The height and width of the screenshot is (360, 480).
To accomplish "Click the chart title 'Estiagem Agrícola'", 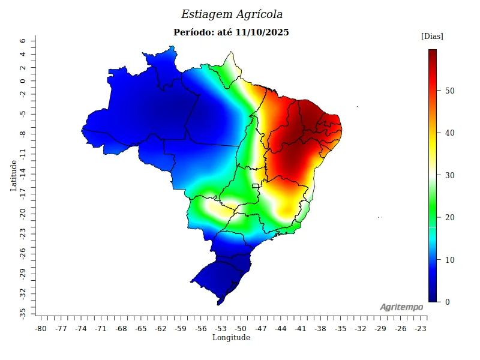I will click(232, 14).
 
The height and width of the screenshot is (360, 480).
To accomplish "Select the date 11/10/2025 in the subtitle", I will click(262, 32).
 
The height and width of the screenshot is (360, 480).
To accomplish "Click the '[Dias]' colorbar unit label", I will click(432, 37).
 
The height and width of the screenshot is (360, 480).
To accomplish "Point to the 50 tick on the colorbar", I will click(449, 91).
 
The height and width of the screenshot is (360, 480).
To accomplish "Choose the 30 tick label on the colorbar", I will click(449, 175).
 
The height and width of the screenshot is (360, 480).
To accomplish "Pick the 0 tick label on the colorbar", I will click(447, 302).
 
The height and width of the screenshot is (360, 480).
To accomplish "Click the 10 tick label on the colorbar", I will click(449, 260).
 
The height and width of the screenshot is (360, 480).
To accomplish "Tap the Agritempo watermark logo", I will click(401, 307).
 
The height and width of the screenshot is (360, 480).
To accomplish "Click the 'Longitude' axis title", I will click(231, 338).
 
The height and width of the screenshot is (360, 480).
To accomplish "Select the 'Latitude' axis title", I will click(13, 175).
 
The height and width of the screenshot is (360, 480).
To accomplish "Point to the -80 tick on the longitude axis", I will click(41, 329).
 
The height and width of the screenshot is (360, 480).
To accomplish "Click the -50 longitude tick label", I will click(241, 329).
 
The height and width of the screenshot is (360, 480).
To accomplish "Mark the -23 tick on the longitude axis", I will click(421, 329).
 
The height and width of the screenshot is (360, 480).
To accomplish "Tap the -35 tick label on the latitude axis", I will click(22, 313).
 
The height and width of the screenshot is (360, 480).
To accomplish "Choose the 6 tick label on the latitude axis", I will click(22, 41).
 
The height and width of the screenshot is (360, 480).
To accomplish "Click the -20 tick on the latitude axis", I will click(22, 214).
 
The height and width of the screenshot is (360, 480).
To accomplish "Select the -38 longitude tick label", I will click(320, 329).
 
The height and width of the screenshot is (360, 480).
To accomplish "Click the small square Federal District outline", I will click(255, 186).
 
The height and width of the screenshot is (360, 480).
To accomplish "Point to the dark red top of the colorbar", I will click(432, 53).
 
